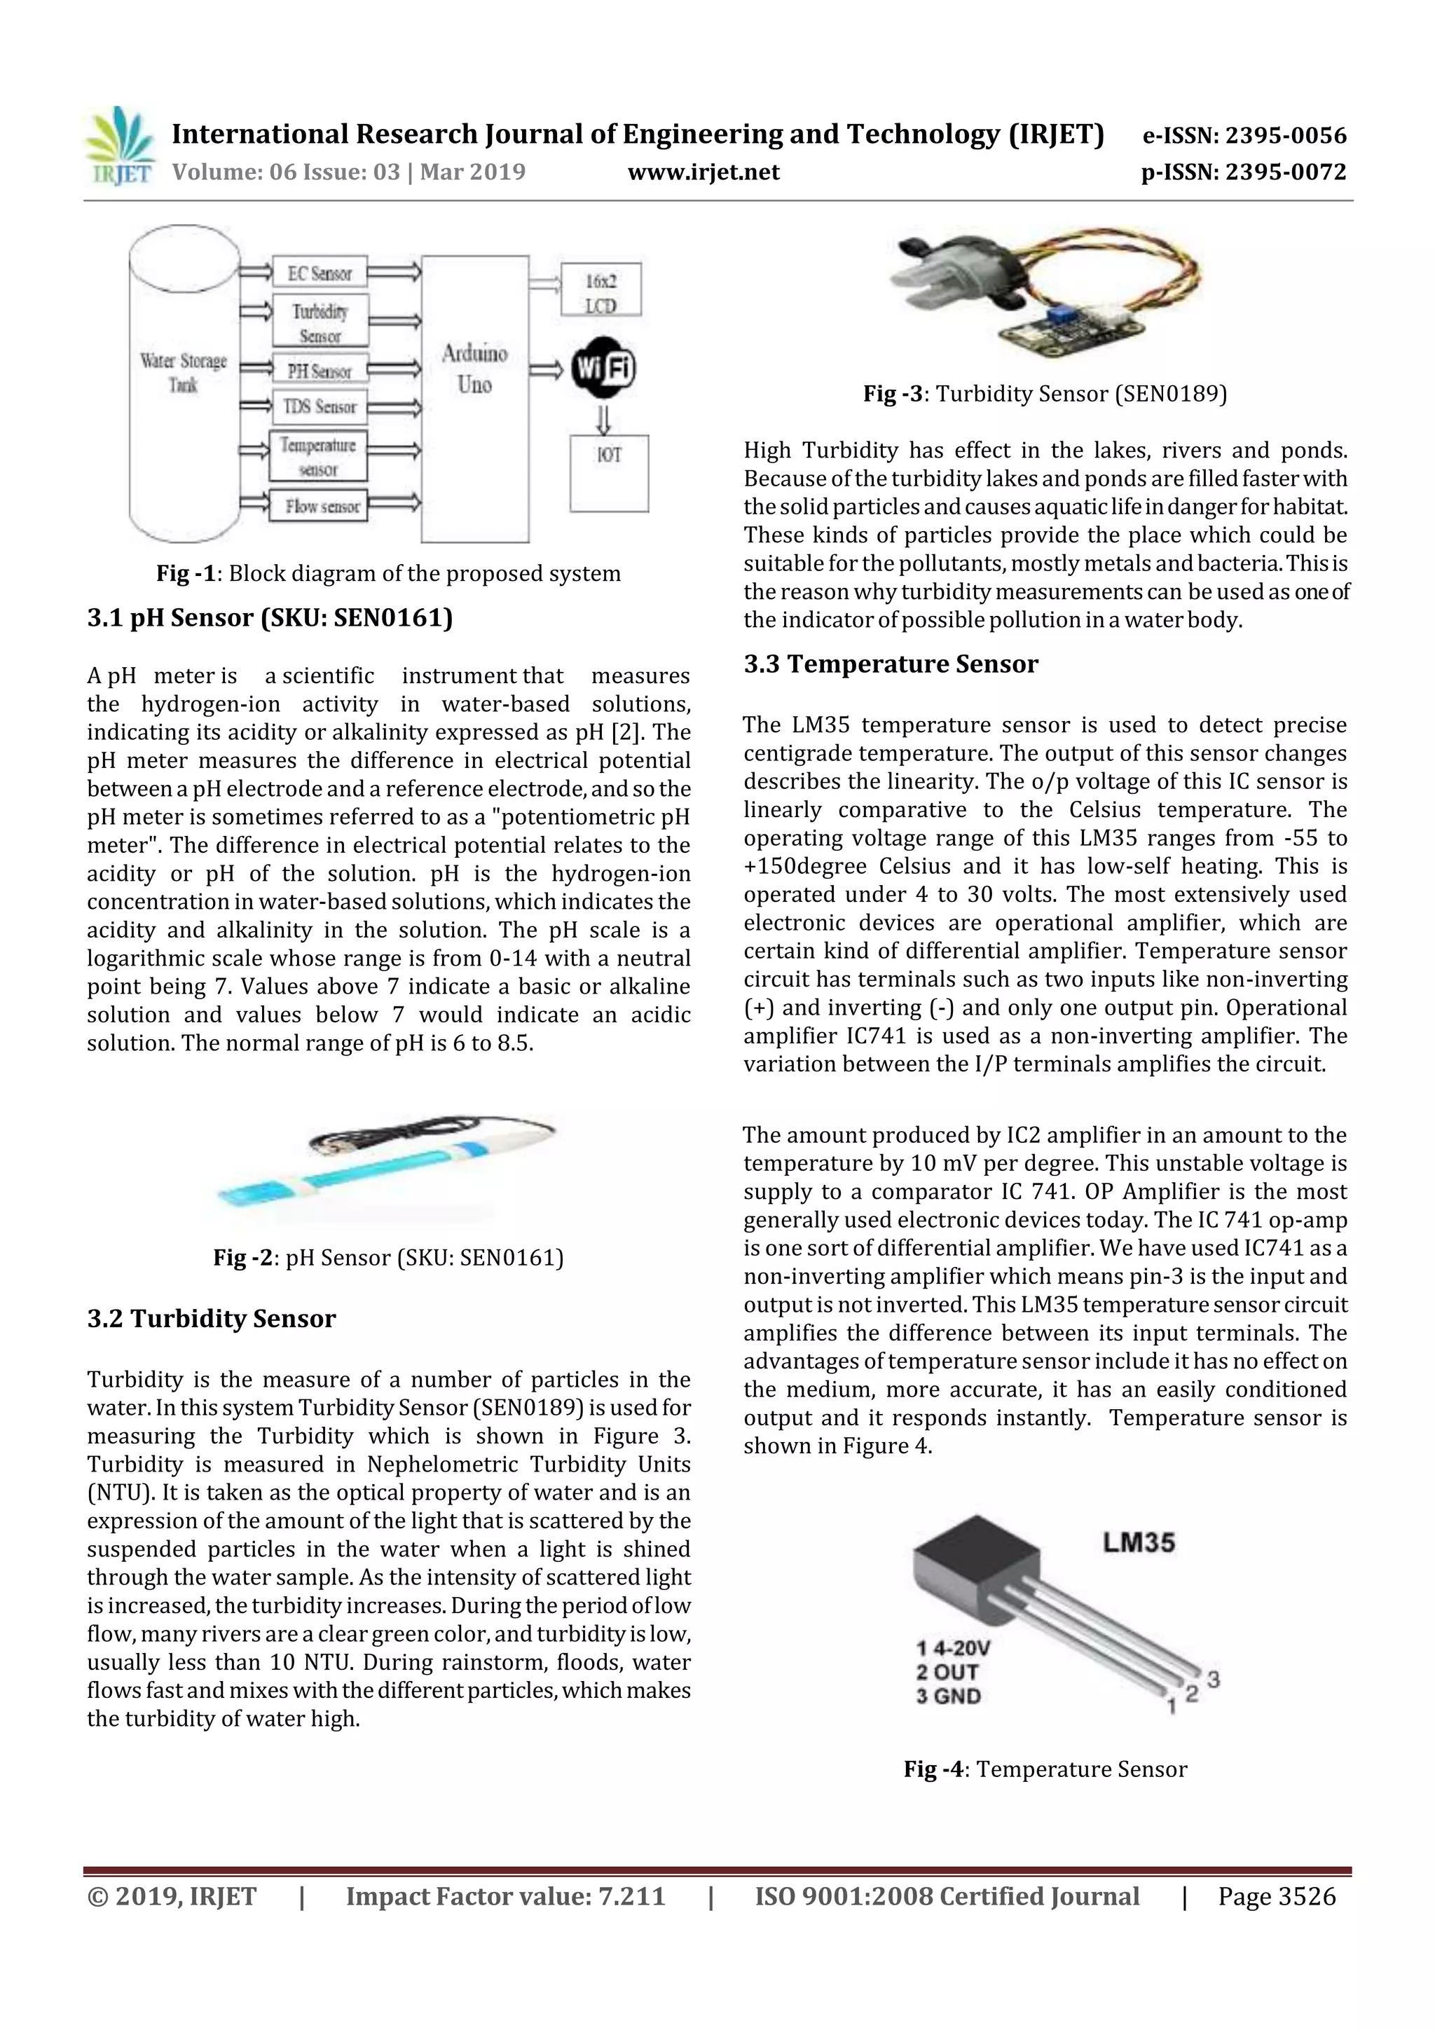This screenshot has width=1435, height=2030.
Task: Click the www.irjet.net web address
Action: pos(703,172)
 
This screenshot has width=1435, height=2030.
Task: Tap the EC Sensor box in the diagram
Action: pos(320,273)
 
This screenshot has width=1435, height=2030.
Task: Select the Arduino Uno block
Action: pos(475,398)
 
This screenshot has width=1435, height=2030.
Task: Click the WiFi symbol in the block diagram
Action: pos(603,369)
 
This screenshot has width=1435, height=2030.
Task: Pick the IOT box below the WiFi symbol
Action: pos(608,473)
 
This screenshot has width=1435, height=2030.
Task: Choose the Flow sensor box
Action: pos(320,506)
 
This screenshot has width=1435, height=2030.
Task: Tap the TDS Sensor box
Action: pos(320,406)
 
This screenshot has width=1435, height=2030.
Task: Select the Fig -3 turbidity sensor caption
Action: pos(1045,395)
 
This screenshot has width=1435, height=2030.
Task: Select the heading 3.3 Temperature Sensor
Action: pos(891,664)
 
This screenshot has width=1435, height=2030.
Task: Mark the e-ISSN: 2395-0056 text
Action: pos(1243,135)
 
